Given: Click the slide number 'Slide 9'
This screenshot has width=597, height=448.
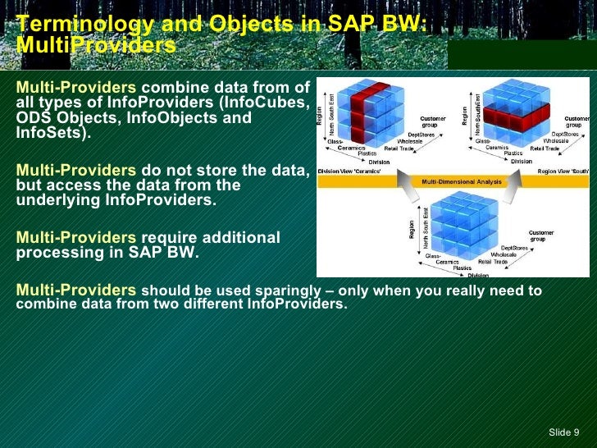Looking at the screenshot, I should tap(563, 432).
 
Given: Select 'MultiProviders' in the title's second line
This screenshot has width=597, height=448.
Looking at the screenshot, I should tap(95, 46).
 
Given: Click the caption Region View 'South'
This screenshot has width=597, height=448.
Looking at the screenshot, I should tap(563, 172).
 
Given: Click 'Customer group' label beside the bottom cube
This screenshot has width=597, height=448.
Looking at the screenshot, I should tap(540, 235).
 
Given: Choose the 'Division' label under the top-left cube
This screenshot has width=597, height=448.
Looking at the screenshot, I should tap(379, 162).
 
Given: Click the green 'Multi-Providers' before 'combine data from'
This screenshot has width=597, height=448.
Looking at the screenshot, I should tap(76, 88).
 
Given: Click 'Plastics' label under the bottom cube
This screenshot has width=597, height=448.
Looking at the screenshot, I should tap(462, 267).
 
